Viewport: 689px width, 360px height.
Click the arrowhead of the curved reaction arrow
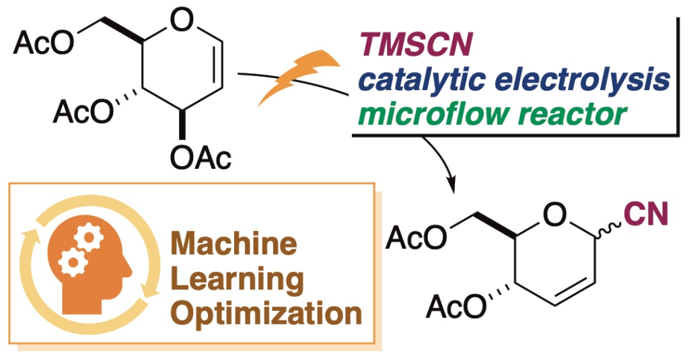click(451, 182)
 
